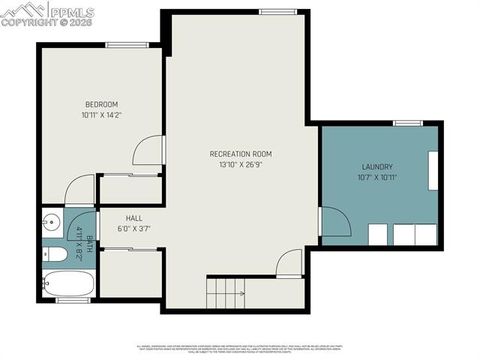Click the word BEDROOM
point(101,104)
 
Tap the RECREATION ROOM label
point(240,153)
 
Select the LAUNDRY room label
point(377,167)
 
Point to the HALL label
point(134,217)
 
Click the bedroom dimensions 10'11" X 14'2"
point(101,115)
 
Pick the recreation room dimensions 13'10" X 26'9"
point(240,164)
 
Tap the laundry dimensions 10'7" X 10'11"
point(377,178)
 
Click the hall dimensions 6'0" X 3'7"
point(134,229)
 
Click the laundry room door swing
point(332,222)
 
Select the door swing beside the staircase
point(290,264)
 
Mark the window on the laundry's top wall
point(407,123)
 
